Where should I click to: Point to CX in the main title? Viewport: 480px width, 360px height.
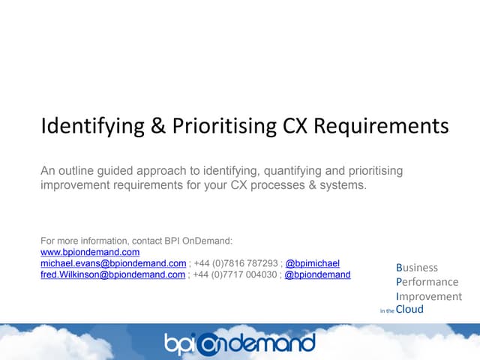289,126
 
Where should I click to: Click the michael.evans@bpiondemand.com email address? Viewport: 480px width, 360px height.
113,264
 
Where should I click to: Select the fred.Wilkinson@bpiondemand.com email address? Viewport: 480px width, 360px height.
113,274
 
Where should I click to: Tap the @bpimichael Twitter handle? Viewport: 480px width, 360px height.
313,264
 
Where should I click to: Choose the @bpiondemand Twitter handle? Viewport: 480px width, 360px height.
318,274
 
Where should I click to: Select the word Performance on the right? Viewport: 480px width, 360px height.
427,282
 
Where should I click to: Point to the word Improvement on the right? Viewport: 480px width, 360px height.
428,296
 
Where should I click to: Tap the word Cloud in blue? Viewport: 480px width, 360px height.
409,309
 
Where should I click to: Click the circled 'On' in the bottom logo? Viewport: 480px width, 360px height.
220,343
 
